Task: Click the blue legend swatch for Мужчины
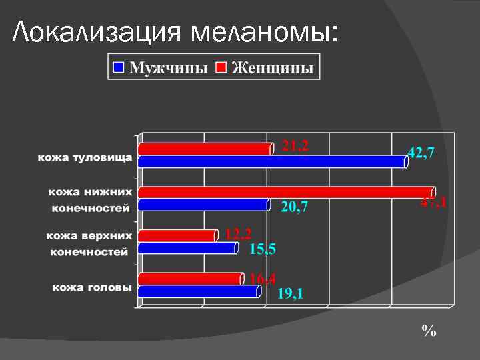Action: (119, 67)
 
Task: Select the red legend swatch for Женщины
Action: (221, 67)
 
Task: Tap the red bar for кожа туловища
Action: (205, 149)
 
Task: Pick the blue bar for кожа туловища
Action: (272, 161)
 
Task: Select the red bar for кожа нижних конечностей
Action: (287, 192)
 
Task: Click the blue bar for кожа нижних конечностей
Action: (203, 205)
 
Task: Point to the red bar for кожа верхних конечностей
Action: (177, 235)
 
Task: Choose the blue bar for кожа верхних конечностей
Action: (187, 248)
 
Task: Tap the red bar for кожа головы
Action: (191, 279)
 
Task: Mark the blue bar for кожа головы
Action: (199, 291)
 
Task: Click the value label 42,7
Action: (421, 153)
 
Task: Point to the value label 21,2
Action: (295, 145)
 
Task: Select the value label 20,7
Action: (294, 208)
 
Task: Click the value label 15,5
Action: (263, 249)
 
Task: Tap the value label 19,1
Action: (290, 293)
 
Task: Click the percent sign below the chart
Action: (428, 331)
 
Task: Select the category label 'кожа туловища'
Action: (85, 158)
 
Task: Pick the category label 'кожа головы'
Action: (92, 287)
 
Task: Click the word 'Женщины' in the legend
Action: (273, 68)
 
